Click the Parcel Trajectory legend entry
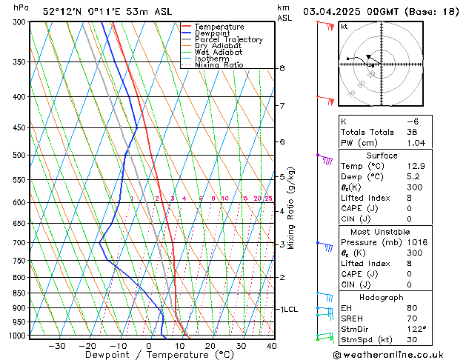pos(228,39)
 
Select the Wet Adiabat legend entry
pos(218,53)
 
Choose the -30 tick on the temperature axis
pos(57,345)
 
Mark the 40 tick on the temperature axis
pos(272,345)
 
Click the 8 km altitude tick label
pos(282,68)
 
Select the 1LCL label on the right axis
pos(287,309)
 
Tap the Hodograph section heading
pos(381,296)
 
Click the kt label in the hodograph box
pos(344,26)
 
